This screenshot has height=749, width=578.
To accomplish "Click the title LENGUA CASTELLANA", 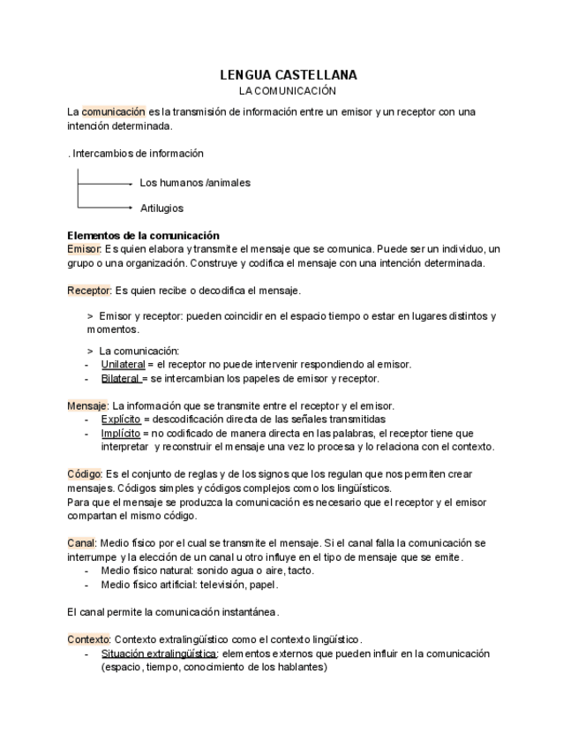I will pos(288,76).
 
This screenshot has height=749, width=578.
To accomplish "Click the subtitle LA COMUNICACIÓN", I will pos(288,91).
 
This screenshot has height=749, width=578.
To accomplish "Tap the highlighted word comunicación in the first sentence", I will pos(113,112).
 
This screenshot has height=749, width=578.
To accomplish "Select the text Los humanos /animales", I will pos(195,183).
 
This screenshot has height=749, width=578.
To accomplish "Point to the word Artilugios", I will pos(161,208).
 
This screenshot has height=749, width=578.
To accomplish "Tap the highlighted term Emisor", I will pos(85,249).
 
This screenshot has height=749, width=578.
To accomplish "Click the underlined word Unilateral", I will pos(123,364).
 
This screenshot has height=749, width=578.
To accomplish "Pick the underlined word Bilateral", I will pos(121,378).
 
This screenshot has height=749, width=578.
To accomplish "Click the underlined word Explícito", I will pos(121,419).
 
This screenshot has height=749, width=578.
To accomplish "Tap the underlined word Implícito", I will pos(121,433).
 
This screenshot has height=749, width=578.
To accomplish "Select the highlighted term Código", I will pos(86,474).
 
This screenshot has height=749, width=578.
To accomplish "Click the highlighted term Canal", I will pos(82,543).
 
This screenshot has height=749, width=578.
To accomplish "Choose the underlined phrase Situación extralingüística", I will pos(159,654).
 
